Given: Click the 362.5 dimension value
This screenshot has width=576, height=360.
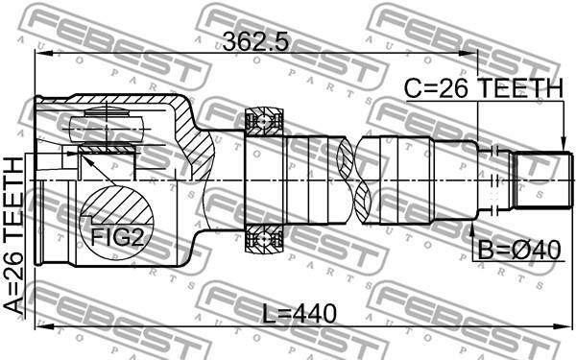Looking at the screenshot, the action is tap(256, 41).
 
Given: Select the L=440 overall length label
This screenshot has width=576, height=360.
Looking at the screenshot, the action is tap(300, 314).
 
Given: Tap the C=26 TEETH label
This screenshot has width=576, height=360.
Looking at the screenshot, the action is tap(484, 88).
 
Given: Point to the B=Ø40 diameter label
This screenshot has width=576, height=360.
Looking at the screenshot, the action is tap(519, 251).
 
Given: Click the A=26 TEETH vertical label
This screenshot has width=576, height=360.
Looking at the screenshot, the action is tap(13, 235).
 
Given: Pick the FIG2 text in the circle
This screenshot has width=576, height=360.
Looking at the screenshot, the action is tap(116, 237).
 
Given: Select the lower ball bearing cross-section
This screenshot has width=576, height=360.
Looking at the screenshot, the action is tap(264, 239).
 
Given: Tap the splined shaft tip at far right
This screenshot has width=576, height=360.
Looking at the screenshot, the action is tap(542, 180).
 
